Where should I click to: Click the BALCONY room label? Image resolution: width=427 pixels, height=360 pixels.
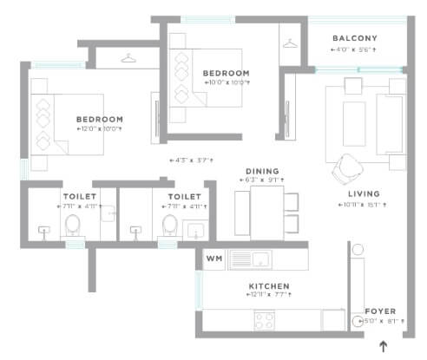tap(355, 38)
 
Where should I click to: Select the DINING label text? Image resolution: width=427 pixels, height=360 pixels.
tap(261, 171)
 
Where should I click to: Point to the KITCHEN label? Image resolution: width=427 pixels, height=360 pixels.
tap(268, 285)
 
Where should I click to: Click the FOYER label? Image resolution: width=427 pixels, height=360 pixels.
tap(380, 308)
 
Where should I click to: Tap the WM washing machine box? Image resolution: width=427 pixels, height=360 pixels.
tap(213, 259)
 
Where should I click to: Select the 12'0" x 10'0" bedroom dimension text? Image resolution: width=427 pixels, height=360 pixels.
tap(98, 129)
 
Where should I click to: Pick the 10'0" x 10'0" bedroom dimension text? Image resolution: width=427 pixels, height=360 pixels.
tap(226, 82)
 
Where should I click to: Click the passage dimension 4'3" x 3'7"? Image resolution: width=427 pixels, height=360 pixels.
tap(194, 160)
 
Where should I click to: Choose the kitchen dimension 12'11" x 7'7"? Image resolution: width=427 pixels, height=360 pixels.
tap(268, 296)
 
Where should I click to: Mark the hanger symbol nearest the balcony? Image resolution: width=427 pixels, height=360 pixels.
tap(288, 39)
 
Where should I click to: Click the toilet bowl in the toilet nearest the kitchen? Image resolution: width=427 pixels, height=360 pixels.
tap(170, 226)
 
